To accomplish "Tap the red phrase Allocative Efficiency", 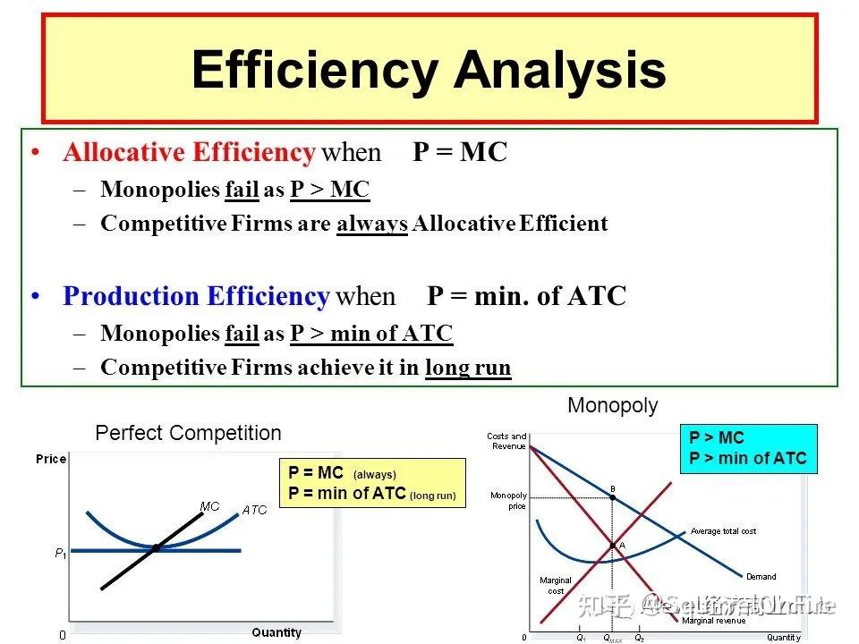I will coord(188,153).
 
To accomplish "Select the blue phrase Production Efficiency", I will coord(197,296).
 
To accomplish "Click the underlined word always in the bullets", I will coord(372,224).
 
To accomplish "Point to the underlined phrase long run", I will coord(467,368).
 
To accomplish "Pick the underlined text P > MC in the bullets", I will coord(329,190).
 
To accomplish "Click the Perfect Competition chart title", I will coord(188,434).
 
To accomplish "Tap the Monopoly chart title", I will coord(613,406).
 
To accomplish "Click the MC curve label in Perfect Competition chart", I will coord(209,506).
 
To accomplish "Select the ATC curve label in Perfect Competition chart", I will coord(254,510).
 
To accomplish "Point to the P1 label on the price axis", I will coord(60,554).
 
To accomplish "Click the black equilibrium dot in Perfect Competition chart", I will coord(156,547).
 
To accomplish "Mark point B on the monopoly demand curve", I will coord(612,496).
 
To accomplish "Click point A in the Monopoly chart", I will coord(613,545).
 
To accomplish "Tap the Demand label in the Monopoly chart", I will coord(761,577).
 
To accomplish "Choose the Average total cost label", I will coord(723,531).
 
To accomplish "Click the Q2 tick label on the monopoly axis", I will coord(639,639).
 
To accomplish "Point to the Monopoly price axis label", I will coord(508,501).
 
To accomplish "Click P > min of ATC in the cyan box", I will coord(747,459).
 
